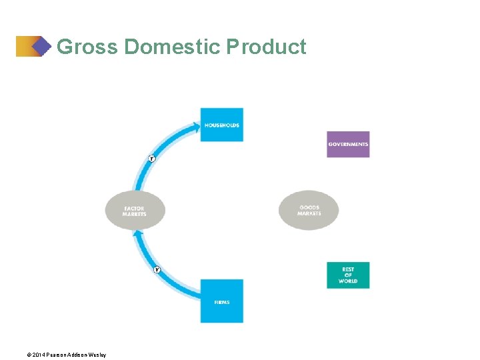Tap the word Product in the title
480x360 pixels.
click(267, 47)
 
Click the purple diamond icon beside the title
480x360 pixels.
click(41, 46)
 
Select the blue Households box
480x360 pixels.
click(222, 125)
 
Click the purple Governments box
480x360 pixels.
click(348, 144)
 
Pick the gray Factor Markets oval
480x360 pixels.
click(135, 211)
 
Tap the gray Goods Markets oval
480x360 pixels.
click(309, 210)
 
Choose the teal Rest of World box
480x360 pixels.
click(348, 275)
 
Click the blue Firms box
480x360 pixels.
click(222, 301)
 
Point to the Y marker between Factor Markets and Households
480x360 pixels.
click(151, 159)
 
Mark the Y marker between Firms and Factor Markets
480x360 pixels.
click(157, 270)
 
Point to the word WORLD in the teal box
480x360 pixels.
click(348, 281)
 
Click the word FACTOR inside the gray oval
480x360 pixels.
click(134, 208)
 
